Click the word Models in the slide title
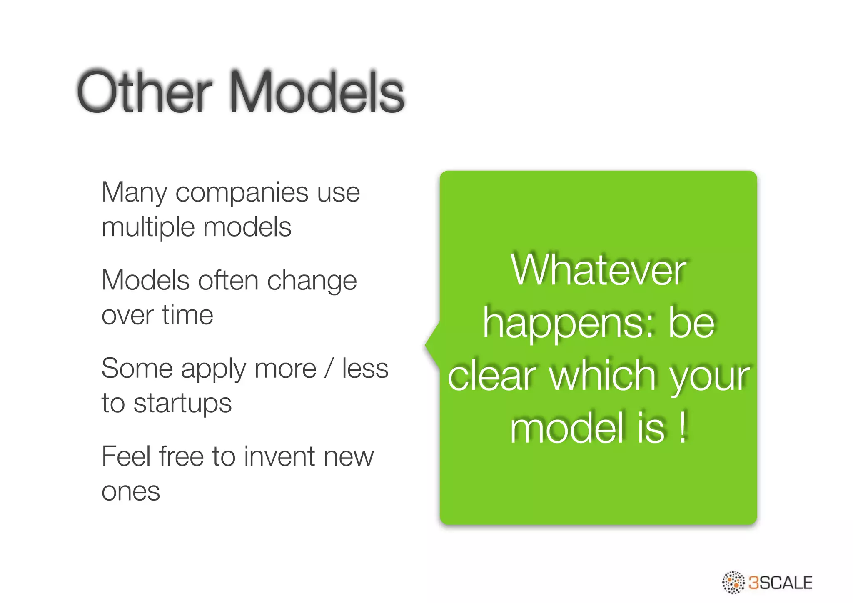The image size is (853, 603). [317, 92]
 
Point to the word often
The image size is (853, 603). [229, 280]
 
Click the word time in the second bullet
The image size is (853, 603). [187, 315]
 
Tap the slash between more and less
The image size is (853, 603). [329, 369]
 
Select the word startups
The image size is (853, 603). [182, 404]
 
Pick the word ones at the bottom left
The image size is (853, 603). [131, 492]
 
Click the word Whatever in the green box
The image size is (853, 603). [598, 271]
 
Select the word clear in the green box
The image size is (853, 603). [491, 376]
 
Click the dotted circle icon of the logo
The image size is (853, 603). [733, 582]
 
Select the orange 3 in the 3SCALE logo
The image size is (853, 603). [754, 583]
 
